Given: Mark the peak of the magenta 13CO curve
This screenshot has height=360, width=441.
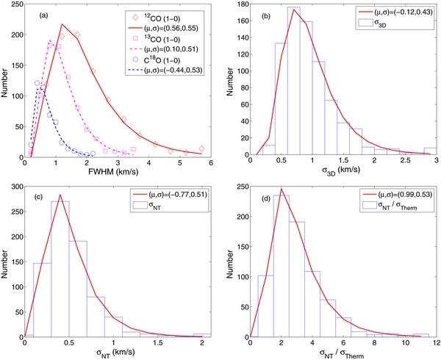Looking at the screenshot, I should (x=49, y=40).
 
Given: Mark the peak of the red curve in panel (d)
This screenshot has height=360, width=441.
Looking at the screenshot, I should (x=281, y=189).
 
